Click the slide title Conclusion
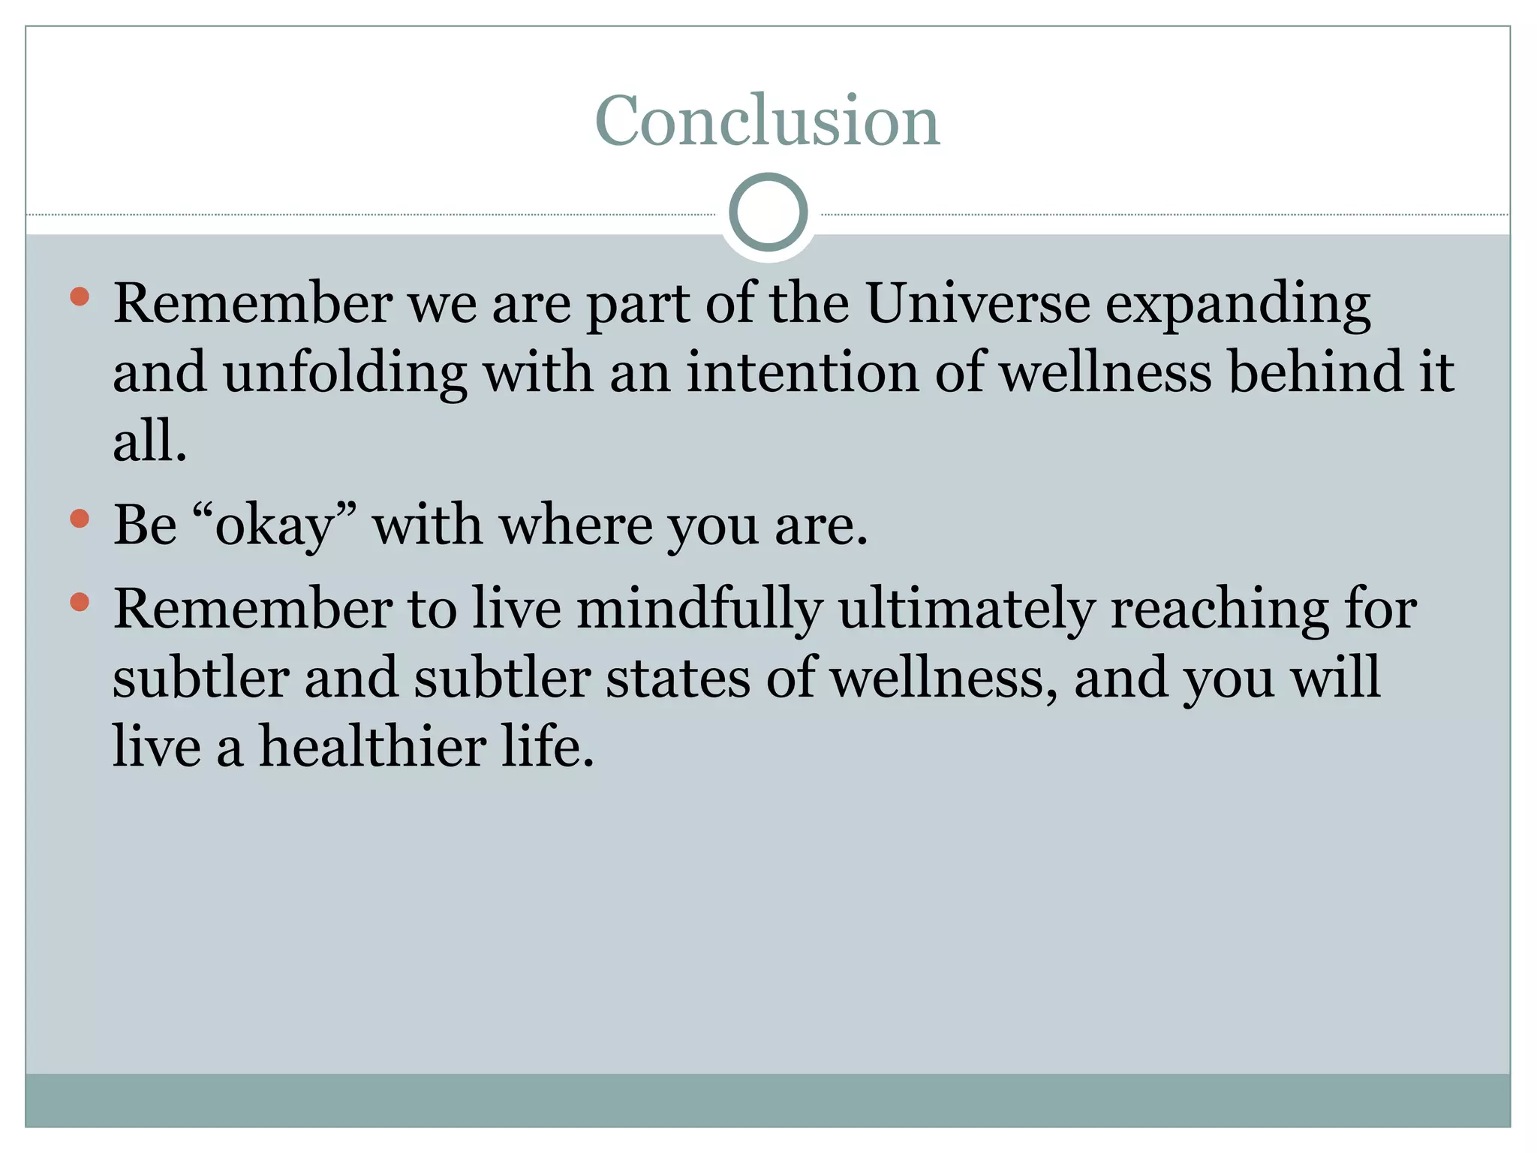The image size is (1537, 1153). click(x=767, y=122)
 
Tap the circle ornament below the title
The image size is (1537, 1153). click(x=768, y=212)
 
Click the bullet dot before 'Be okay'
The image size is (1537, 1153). click(x=80, y=519)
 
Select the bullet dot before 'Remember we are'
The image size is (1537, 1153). click(x=80, y=297)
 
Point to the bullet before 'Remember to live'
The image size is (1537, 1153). click(x=80, y=602)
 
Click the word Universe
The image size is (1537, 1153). click(x=978, y=304)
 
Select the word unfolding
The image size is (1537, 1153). click(x=345, y=373)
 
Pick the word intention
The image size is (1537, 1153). click(x=802, y=373)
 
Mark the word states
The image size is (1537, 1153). click(x=678, y=679)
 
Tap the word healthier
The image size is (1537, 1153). click(x=373, y=747)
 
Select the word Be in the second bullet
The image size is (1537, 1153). click(x=145, y=525)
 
